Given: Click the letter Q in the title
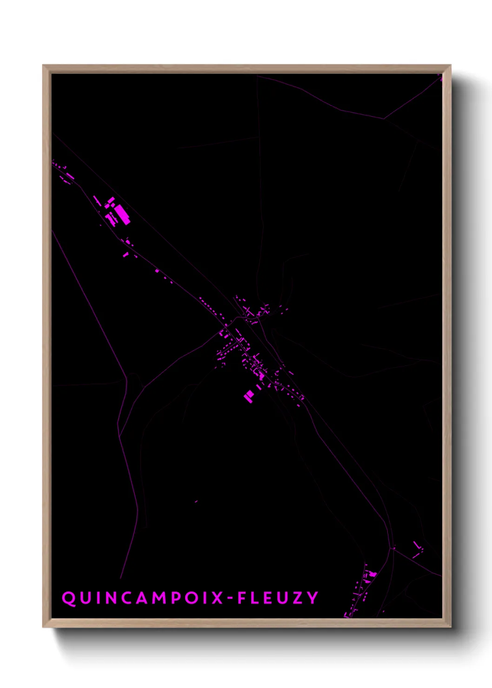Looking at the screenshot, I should (69, 598).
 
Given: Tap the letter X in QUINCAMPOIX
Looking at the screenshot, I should (217, 598).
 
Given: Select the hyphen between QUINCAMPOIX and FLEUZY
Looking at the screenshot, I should (230, 598).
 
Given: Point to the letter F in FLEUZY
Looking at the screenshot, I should (242, 598).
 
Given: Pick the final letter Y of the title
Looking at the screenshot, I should (312, 598).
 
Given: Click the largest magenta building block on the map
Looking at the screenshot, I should (122, 214).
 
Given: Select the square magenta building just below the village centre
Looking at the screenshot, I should (249, 396).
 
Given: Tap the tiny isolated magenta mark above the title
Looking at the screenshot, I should (196, 502).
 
